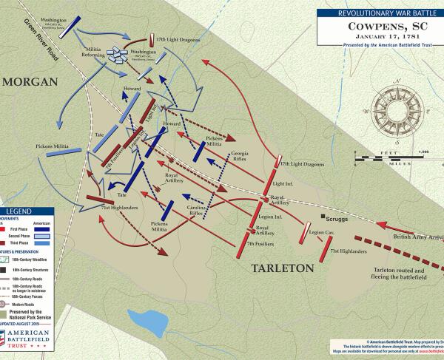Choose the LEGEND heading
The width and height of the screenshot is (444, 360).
16,211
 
